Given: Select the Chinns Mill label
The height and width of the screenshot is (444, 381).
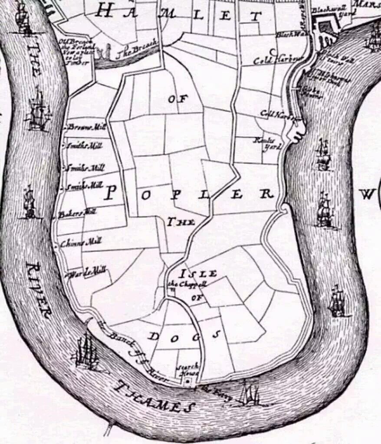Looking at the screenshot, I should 81,243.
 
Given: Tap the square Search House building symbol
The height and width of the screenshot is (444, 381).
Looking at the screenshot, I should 187,381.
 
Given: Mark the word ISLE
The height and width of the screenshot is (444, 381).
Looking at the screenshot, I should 198,274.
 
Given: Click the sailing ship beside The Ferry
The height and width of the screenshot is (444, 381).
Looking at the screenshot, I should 250,395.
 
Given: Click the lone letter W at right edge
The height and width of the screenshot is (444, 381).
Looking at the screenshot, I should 368,195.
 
